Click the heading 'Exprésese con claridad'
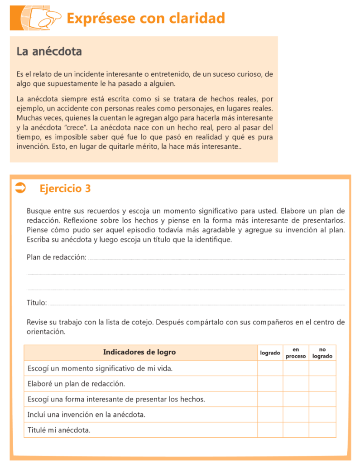tap(145, 18)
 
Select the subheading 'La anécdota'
tap(49, 52)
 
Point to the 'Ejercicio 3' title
tap(65, 188)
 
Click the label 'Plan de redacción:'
tap(57, 257)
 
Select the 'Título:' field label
tap(37, 303)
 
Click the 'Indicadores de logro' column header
tap(139, 352)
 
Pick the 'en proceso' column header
tap(296, 353)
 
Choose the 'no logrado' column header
tap(322, 353)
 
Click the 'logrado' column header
tap(270, 353)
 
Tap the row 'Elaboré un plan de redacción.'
tap(76, 384)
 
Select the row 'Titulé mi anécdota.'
tap(59, 430)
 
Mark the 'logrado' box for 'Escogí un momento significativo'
tap(270, 368)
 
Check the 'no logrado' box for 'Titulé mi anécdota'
tap(322, 430)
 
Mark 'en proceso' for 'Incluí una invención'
tap(296, 415)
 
